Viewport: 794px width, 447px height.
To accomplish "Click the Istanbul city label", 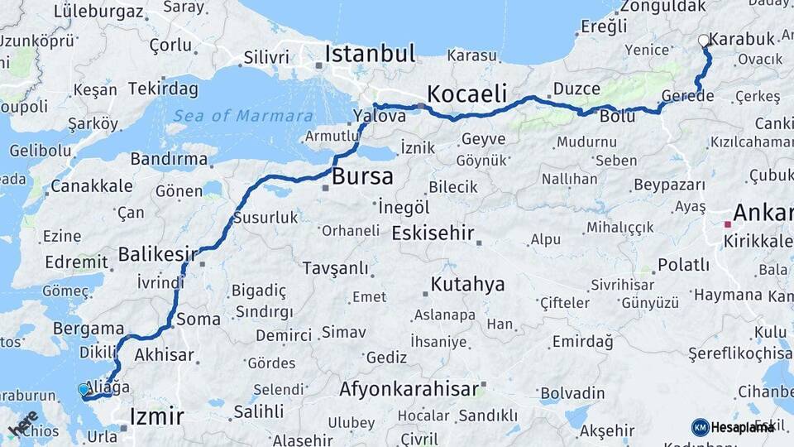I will click(x=370, y=55).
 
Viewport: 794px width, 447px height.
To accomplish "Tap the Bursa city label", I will click(x=362, y=176).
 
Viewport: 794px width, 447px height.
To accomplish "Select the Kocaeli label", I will click(x=466, y=94).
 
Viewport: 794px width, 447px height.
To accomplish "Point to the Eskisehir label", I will click(x=433, y=233).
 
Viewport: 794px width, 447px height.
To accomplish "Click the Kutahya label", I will click(x=467, y=285).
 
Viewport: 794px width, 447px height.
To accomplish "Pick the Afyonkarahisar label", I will click(x=409, y=388).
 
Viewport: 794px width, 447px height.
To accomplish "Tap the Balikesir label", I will click(x=159, y=253).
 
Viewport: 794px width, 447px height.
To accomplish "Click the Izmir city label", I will click(x=156, y=416).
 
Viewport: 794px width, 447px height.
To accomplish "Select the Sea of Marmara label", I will click(x=243, y=116).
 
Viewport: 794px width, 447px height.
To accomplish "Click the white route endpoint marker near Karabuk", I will click(x=704, y=40).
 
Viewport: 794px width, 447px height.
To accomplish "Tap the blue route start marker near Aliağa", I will click(x=84, y=389).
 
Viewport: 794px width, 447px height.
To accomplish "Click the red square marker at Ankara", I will click(x=728, y=224).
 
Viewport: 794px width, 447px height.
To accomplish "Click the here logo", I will click(x=23, y=423).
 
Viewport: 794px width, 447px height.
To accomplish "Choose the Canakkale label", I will click(x=91, y=185).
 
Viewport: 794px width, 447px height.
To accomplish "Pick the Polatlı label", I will click(x=683, y=265).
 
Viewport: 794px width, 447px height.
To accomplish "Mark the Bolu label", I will click(x=618, y=116).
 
